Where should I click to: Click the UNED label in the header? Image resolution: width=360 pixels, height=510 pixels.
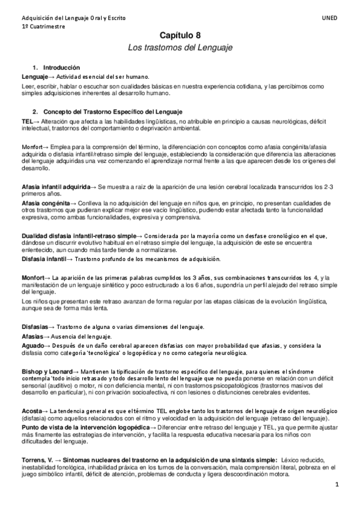tap(330, 19)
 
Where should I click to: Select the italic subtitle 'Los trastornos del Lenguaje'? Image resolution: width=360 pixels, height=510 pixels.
tap(180, 47)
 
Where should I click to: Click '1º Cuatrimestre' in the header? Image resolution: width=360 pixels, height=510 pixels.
tap(42, 27)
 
